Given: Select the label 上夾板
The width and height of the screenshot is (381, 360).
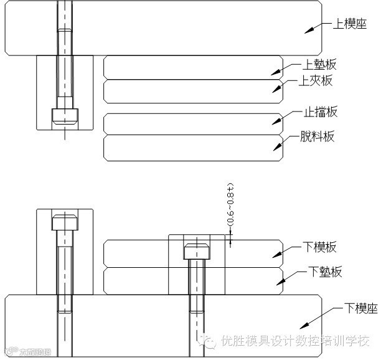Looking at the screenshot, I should pyautogui.click(x=316, y=80).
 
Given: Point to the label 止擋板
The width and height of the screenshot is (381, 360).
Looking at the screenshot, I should pyautogui.click(x=321, y=112).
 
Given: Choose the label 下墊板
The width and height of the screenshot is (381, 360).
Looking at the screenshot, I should pyautogui.click(x=324, y=272).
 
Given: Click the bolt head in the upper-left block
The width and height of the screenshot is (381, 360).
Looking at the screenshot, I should pyautogui.click(x=65, y=116).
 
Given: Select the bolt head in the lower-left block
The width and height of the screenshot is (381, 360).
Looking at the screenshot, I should pyautogui.click(x=65, y=222).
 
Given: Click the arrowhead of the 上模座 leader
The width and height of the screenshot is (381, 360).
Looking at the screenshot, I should pyautogui.click(x=308, y=31).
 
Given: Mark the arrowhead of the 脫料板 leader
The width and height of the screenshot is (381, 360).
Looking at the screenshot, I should pyautogui.click(x=275, y=147).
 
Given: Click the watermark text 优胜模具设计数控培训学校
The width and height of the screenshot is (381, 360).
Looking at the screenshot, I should pyautogui.click(x=295, y=341).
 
